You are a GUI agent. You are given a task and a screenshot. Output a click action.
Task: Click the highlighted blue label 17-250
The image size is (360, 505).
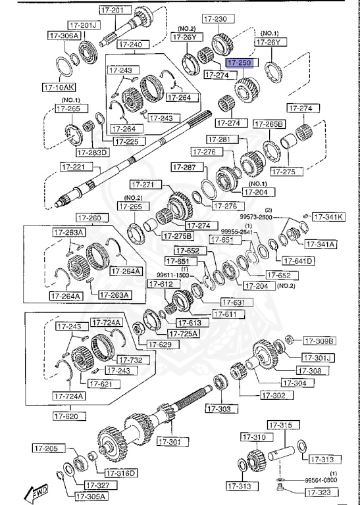[241, 62]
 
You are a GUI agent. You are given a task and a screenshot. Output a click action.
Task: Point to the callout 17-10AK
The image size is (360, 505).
[59, 86]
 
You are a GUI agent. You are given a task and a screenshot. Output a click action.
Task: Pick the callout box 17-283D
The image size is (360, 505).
[92, 152]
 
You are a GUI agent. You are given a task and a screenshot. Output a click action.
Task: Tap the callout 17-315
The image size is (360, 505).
[283, 426]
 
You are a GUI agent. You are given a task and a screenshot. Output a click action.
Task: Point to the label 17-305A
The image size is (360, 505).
[91, 496]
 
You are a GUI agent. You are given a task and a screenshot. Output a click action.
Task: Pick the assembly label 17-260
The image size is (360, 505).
[89, 218]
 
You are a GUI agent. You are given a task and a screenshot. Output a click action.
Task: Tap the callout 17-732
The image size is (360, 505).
[130, 359]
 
